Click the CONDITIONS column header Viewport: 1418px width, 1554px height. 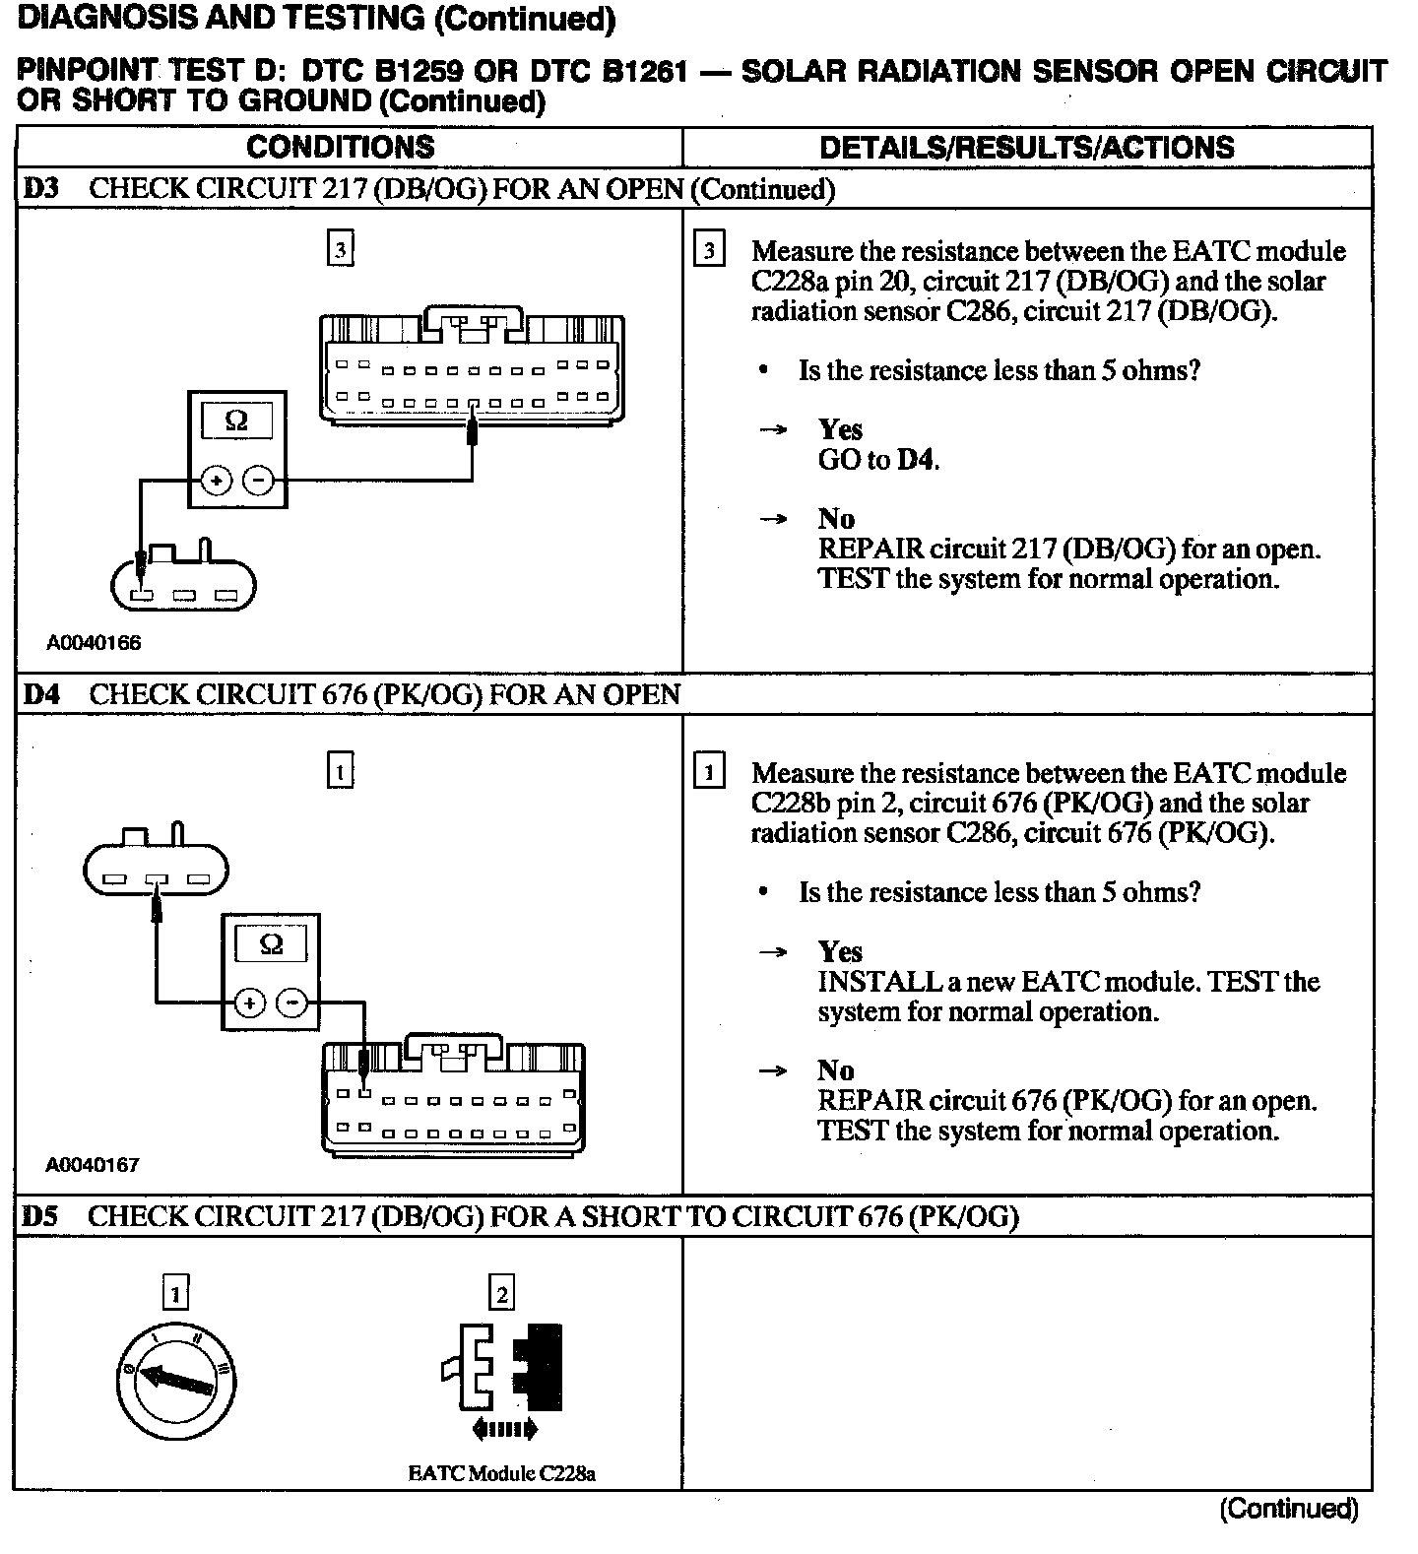341,148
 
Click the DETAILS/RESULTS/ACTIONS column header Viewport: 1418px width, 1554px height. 1026,148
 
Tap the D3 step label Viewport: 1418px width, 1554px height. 40,189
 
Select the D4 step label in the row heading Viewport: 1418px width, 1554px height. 40,695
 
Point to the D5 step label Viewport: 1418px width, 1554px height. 40,1216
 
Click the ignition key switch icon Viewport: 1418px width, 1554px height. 174,1377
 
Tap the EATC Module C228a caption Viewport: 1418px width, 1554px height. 501,1473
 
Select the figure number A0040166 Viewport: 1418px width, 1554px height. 94,643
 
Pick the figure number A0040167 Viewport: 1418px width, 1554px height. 93,1165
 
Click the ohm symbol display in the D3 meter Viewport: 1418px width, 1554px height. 236,421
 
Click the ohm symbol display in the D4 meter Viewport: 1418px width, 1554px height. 271,944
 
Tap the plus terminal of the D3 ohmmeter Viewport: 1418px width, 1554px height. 216,481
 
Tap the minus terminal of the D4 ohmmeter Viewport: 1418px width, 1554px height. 292,1003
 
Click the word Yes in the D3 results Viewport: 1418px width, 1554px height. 839,429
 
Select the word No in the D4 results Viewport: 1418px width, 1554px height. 835,1070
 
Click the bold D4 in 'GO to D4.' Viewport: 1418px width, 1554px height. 916,460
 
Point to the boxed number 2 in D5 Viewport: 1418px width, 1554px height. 502,1292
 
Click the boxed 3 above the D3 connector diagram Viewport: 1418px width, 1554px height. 340,249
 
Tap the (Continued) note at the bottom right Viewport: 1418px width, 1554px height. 1288,1508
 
